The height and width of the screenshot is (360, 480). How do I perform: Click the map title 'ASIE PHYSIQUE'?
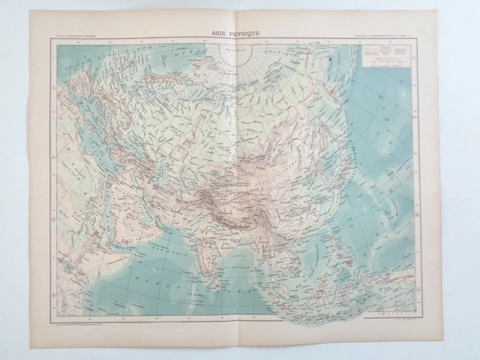[x=240, y=33]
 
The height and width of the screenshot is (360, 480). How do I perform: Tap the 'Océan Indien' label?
[x=150, y=292]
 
